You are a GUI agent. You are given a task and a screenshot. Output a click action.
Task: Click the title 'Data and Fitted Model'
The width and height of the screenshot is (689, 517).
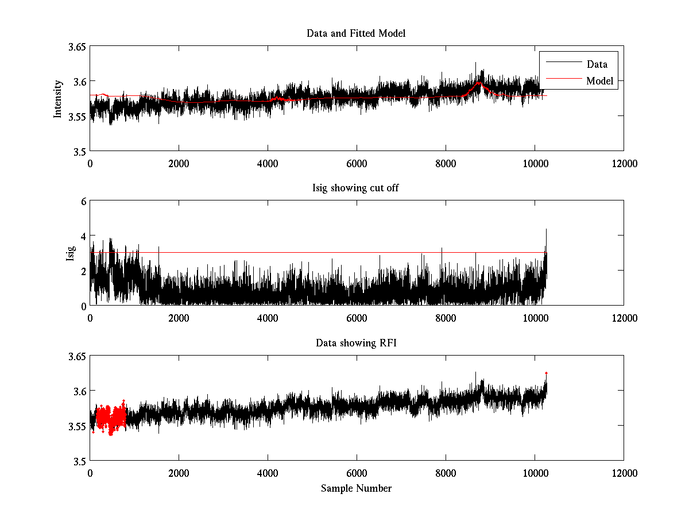coord(356,33)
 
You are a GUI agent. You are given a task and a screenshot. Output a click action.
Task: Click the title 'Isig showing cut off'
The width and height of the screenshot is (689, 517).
coord(356,188)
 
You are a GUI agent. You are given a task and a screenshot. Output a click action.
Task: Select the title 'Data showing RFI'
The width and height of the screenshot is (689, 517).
coord(356,343)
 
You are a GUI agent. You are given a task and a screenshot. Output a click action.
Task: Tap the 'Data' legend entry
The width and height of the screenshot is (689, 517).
coord(597,64)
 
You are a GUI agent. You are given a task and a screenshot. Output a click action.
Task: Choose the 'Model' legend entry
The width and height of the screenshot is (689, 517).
coord(599,81)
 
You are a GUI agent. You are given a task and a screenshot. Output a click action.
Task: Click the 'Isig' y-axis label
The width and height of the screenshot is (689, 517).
coord(70,253)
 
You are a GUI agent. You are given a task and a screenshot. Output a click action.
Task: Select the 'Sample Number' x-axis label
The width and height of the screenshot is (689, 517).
coord(356,488)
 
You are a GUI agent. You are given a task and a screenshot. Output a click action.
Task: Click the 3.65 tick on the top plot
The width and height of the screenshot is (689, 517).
coord(76,47)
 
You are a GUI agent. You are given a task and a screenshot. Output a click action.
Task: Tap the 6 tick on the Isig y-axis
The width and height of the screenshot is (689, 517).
coord(83,202)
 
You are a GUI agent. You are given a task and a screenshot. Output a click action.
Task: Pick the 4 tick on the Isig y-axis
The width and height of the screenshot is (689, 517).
coord(83,236)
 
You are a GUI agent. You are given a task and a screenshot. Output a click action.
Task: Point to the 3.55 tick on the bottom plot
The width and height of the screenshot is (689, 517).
coord(76,426)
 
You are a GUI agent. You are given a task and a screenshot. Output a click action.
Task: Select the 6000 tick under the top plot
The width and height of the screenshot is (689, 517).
coord(357,163)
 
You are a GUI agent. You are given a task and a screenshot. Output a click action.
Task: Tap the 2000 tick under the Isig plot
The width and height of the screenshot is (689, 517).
coord(179,318)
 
